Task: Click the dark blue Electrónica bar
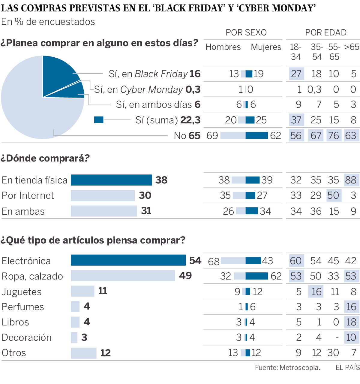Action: pos(128,260)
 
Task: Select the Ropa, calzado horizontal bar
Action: pos(123,276)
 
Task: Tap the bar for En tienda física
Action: pos(111,180)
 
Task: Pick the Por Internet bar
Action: pos(103,195)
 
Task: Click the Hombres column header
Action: pos(223,47)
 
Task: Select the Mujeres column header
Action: pos(266,47)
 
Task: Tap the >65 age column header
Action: pos(352,47)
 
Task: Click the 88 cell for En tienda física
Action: pos(351,180)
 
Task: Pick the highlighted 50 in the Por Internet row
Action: pos(333,195)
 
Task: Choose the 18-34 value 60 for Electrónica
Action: pos(296,261)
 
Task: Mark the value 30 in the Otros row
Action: pos(333,353)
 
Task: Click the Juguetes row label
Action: pos(22,292)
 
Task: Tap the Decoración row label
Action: pos(27,337)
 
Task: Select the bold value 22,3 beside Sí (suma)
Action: pos(190,120)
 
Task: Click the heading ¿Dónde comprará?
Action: pos(45,158)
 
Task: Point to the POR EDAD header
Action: pos(326,32)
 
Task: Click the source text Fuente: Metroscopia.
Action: pos(287,367)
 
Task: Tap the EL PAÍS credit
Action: pos(347,367)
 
